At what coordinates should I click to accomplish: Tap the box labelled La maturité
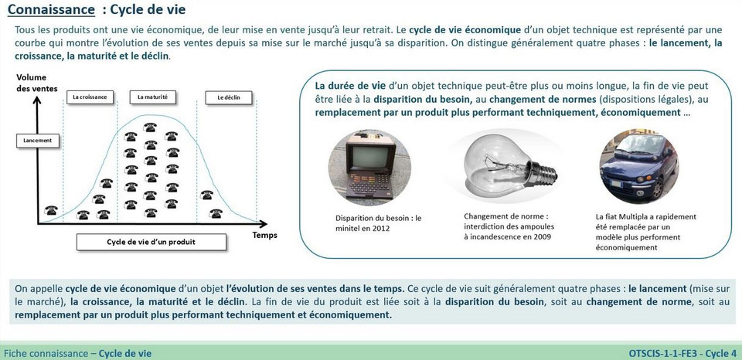(x=152, y=97)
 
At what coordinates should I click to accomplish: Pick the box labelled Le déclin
(x=223, y=97)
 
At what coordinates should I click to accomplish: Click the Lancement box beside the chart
(x=38, y=141)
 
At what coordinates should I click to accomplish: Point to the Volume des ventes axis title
(x=32, y=83)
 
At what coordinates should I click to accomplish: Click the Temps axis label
(x=264, y=234)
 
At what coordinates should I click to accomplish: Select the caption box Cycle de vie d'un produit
(x=151, y=241)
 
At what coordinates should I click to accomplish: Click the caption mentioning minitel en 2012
(x=373, y=222)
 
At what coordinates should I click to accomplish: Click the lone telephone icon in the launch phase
(x=52, y=210)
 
